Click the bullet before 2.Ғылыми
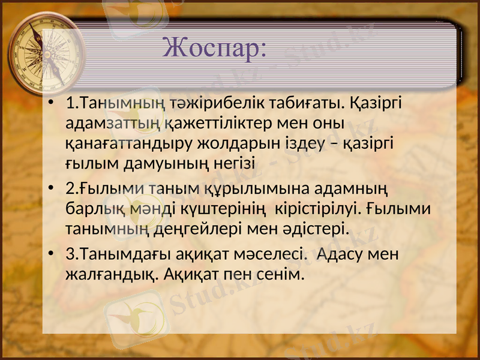click(x=53, y=189)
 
